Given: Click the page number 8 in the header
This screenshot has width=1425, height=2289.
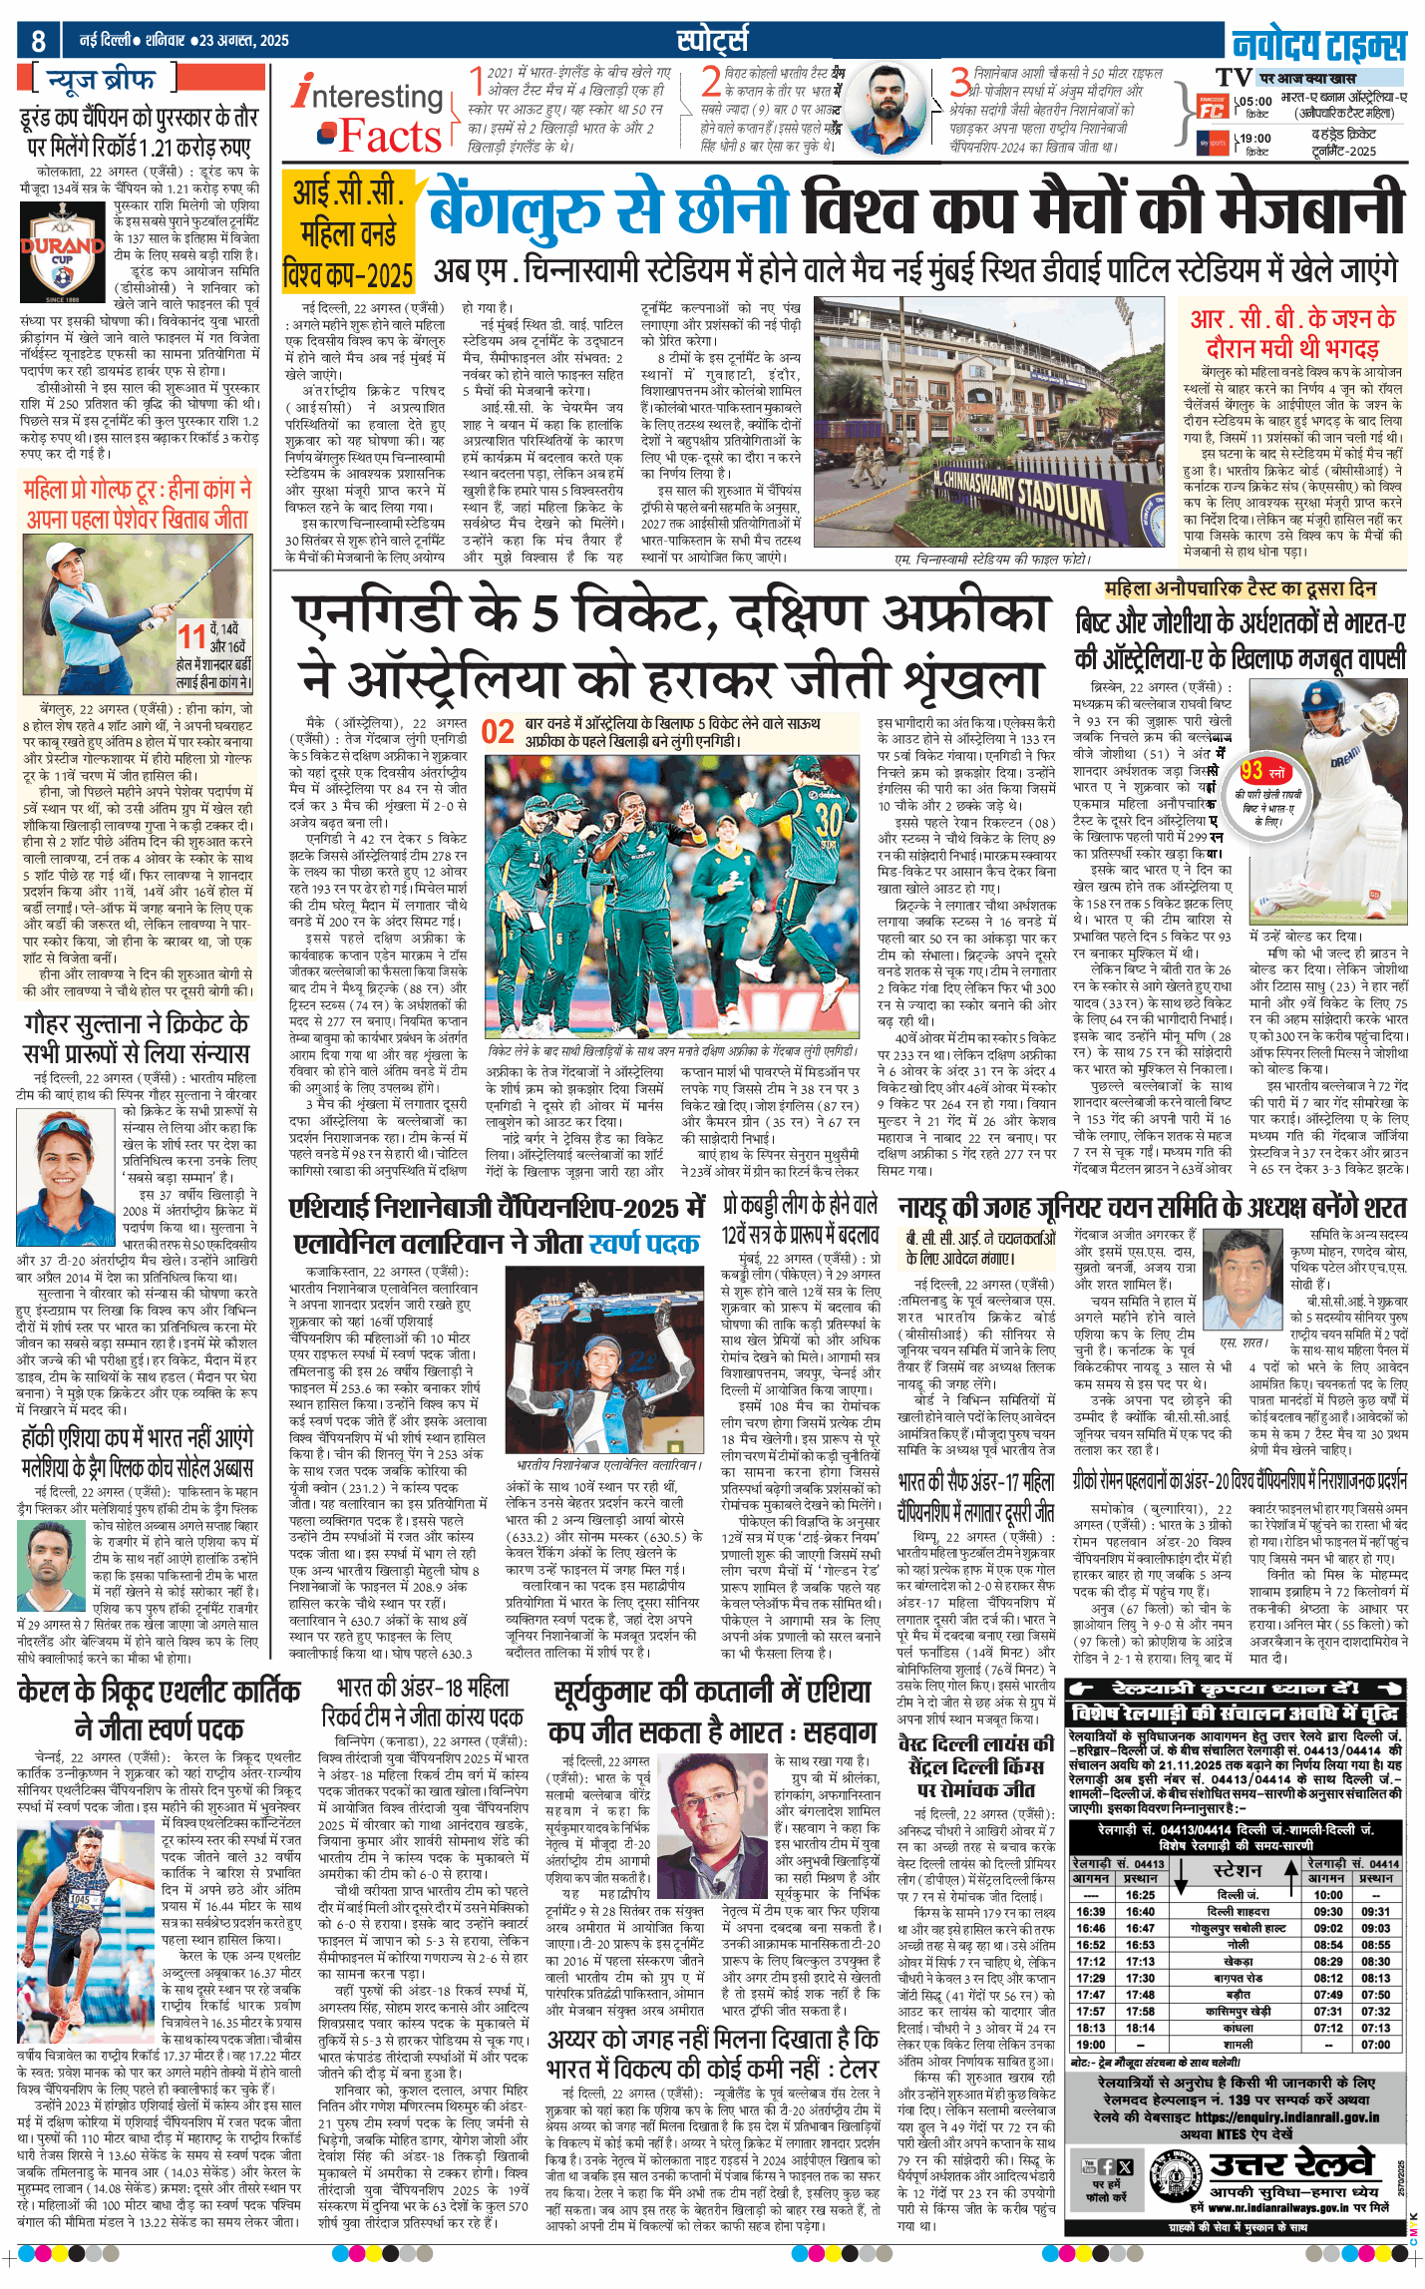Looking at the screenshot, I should [38, 41].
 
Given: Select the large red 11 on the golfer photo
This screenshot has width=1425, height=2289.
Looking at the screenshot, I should [191, 636].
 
